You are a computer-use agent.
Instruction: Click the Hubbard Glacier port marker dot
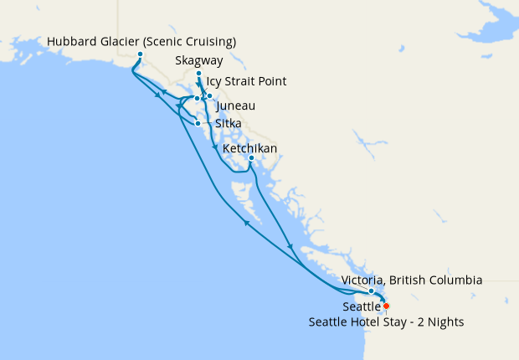coord(140,55)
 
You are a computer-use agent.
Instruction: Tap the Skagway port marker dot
coord(198,74)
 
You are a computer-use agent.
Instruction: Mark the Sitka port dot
coord(198,124)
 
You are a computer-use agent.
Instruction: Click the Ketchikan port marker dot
coord(251,158)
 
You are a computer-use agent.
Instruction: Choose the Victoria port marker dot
coord(372,291)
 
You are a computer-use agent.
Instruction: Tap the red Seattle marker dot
coord(386,306)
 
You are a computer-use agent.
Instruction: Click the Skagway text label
coord(199,61)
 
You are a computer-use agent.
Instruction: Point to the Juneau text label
coord(235,107)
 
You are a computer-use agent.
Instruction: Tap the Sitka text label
coord(229,124)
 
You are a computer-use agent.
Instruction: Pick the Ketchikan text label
coord(249,149)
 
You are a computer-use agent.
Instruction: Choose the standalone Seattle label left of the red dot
coord(361,307)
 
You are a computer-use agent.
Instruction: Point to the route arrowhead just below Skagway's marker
coord(199,85)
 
